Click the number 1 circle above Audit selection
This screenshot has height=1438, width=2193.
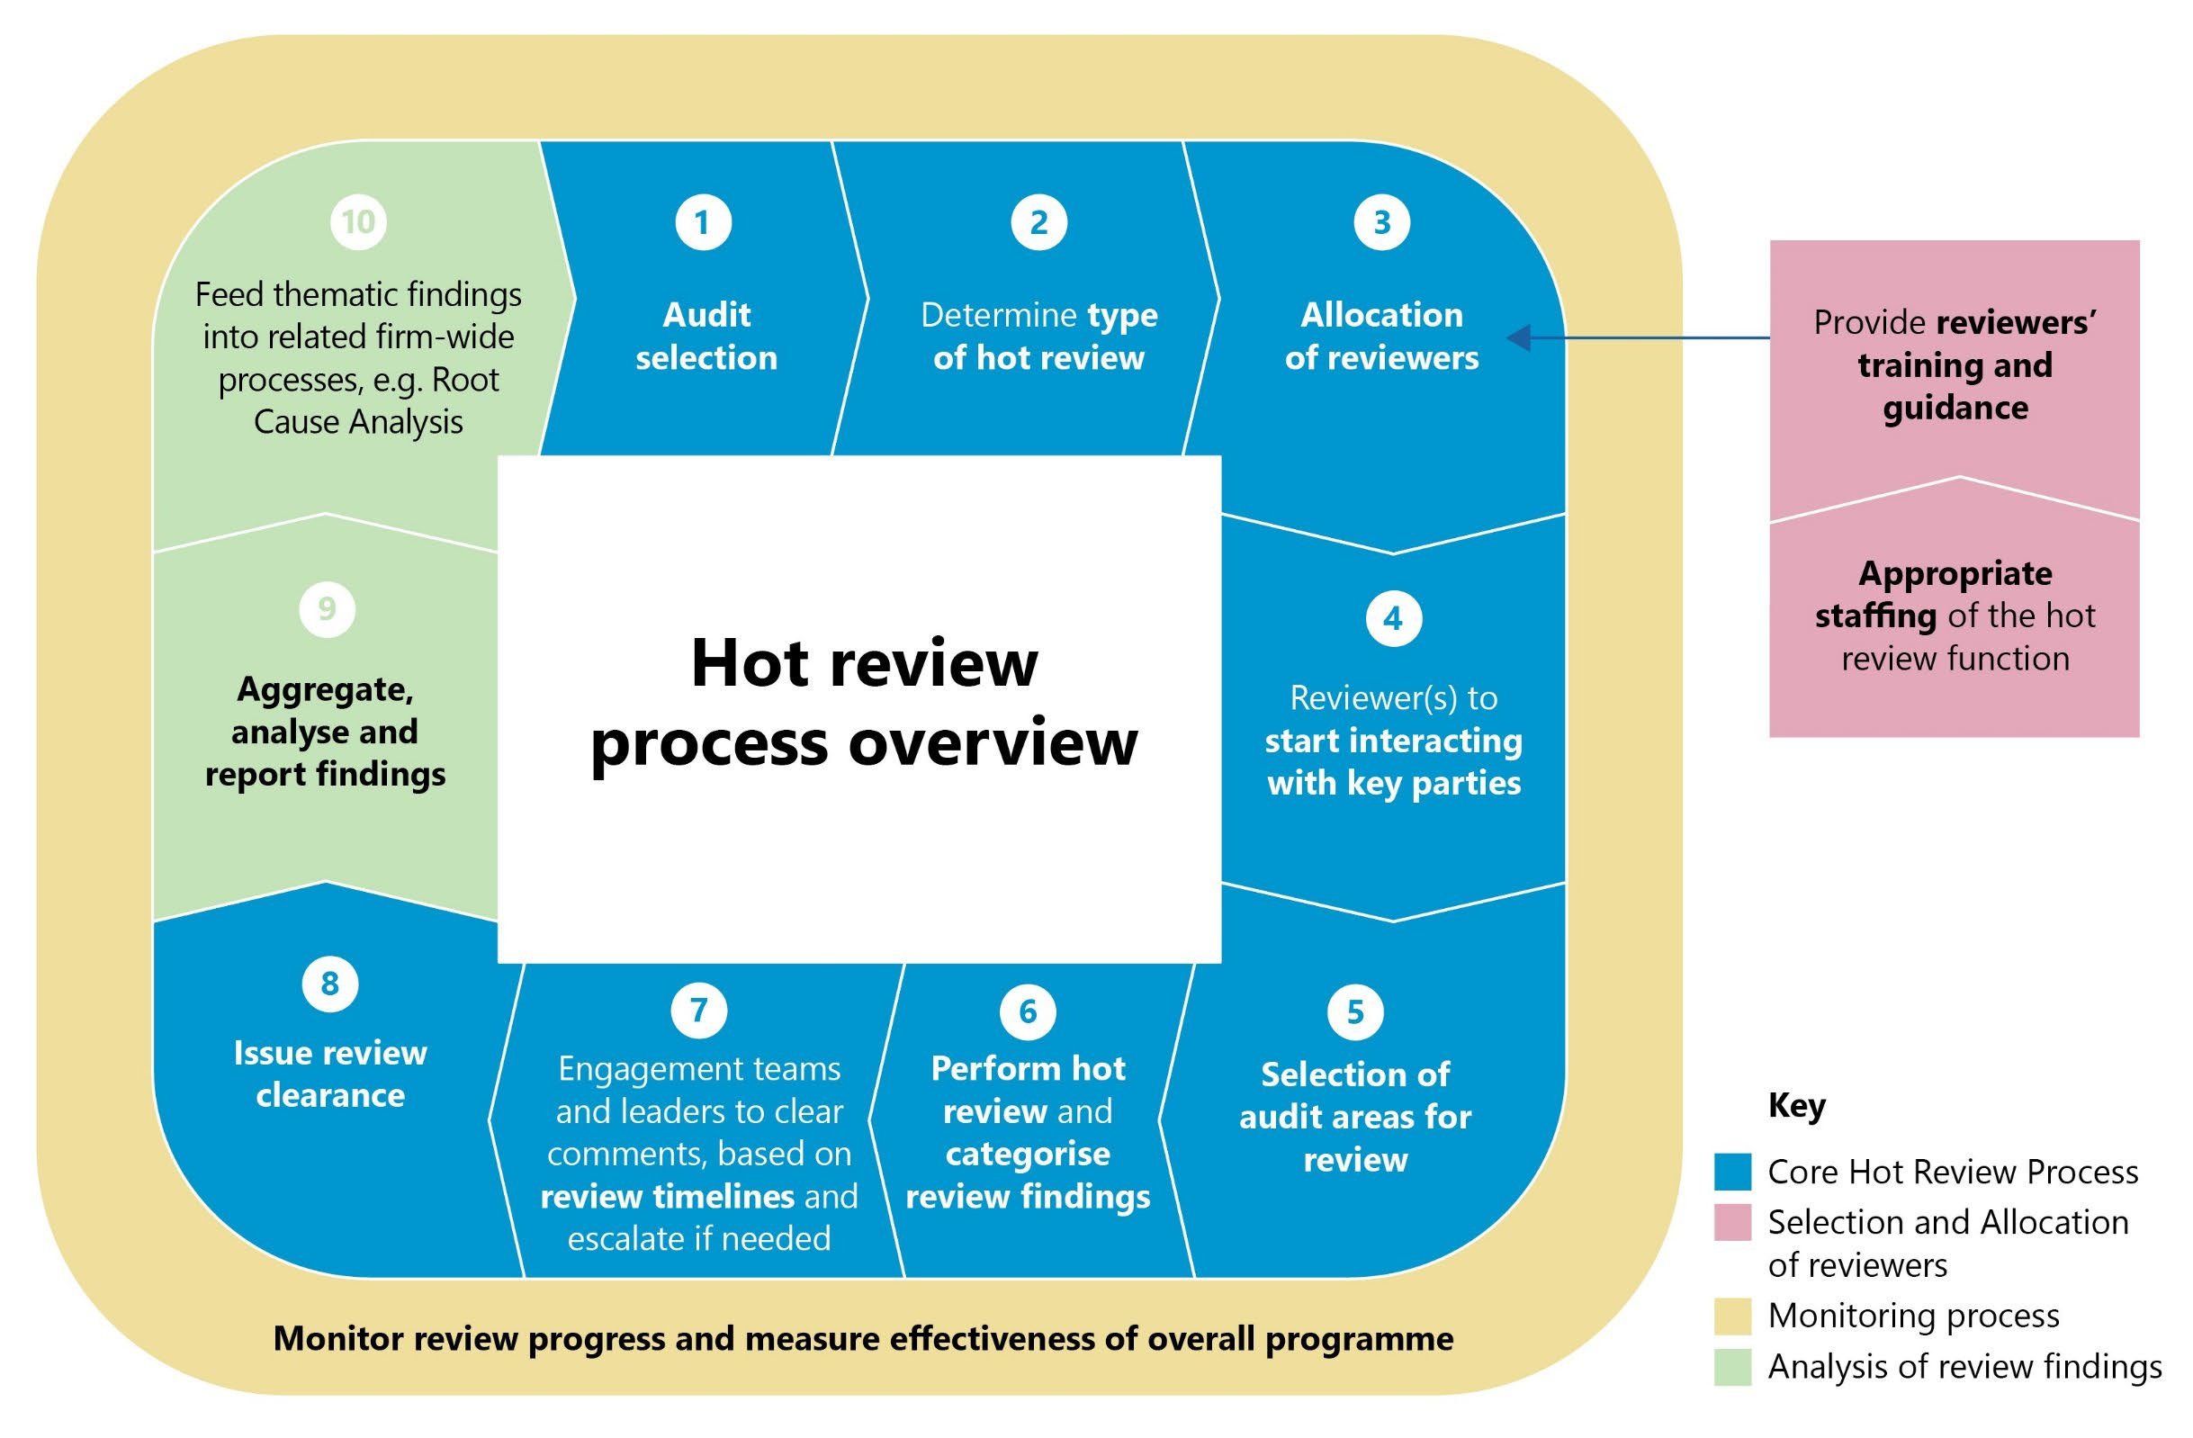coord(703,222)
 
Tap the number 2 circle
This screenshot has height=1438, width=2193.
coord(1038,222)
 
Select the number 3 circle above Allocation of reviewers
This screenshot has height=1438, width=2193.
coord(1381,222)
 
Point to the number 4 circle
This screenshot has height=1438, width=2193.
coord(1393,618)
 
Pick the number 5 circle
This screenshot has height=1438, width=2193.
coord(1355,1011)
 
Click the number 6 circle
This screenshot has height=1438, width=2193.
coord(1028,1011)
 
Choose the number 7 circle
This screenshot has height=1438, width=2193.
coord(698,1010)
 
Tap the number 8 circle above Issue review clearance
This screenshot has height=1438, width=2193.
coord(330,984)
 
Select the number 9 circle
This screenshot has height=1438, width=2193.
coord(328,609)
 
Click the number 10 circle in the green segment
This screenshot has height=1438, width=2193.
coord(358,222)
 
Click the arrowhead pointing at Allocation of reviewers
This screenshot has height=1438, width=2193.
coord(1518,338)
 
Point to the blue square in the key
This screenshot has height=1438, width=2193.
coord(1732,1172)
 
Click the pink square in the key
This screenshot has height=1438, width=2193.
coord(1732,1223)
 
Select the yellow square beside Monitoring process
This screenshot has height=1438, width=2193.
coord(1732,1317)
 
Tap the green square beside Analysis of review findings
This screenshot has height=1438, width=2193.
coord(1732,1367)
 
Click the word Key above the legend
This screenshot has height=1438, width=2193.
coord(1796,1105)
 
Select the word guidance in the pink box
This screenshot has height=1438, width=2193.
coord(1955,409)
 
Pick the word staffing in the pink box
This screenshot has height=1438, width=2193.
coord(1875,616)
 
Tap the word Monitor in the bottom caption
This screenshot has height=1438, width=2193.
coord(337,1338)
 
